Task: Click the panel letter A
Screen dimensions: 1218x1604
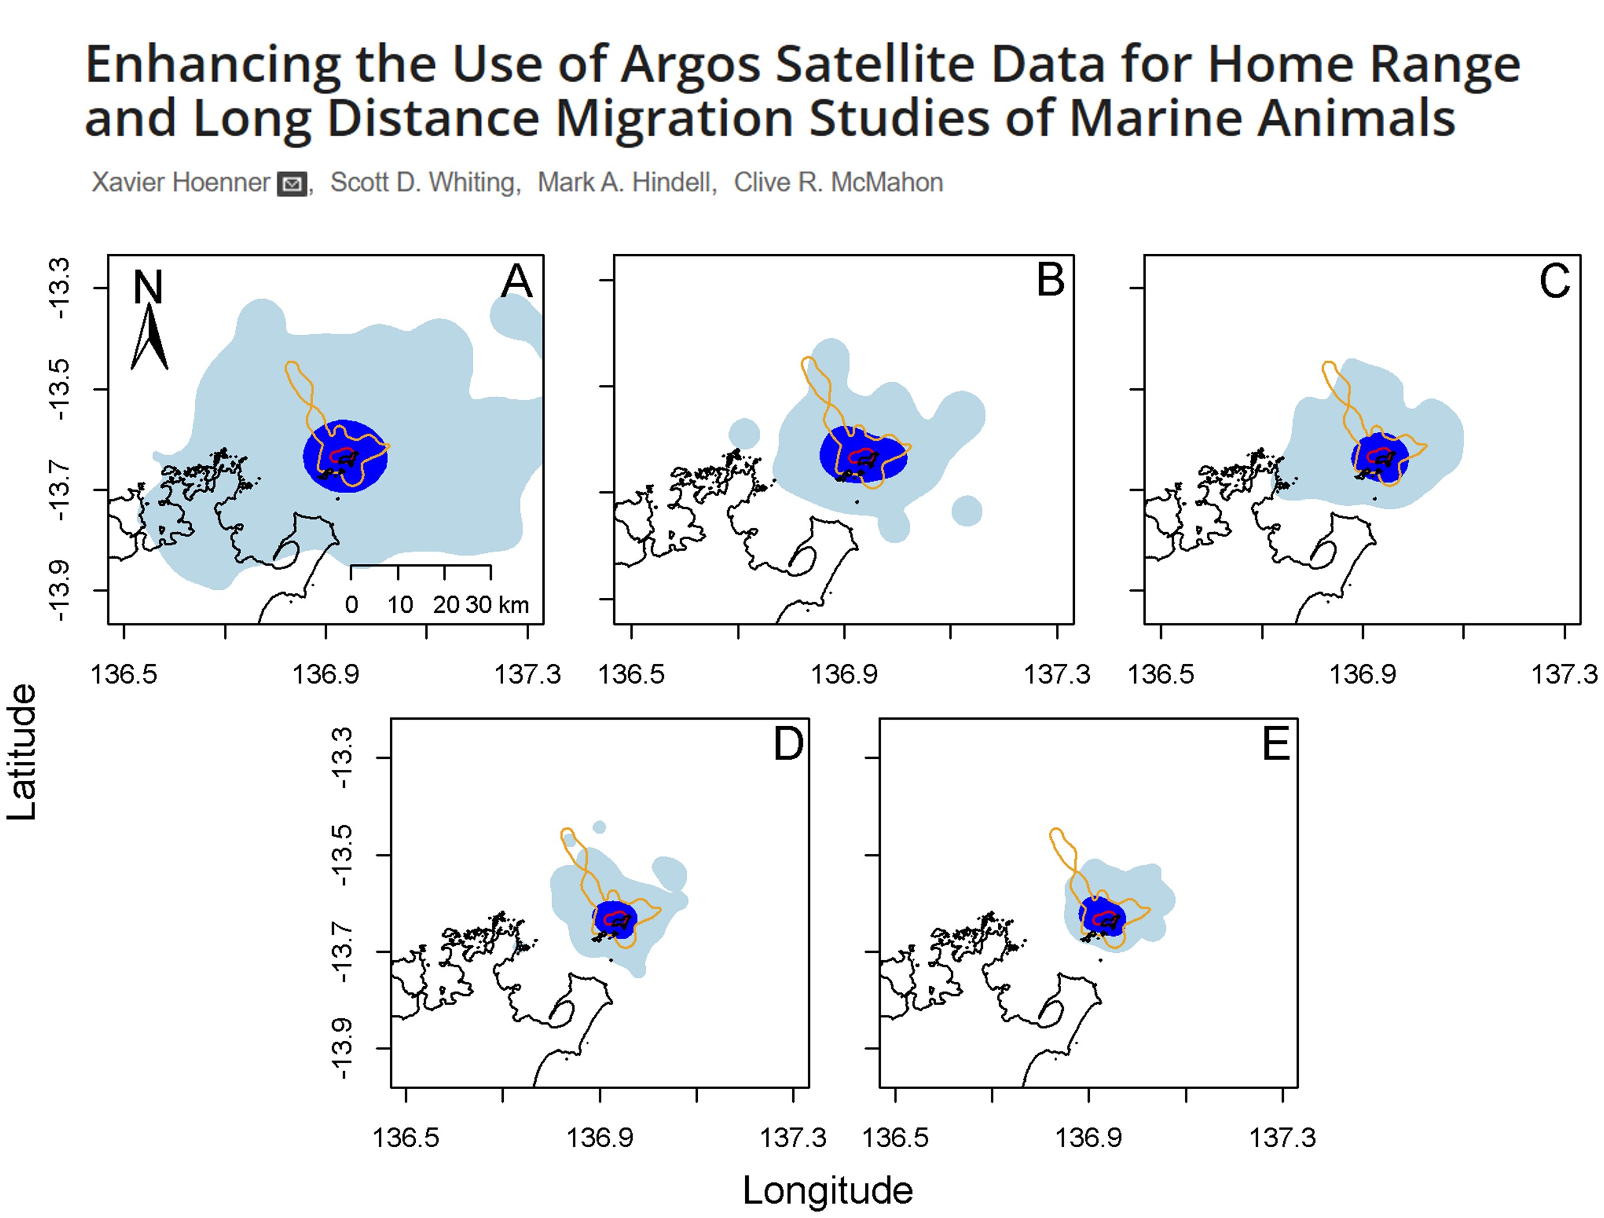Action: (x=516, y=281)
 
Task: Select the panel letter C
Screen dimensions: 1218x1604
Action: (x=1554, y=281)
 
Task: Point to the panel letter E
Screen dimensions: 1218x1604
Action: (x=1276, y=744)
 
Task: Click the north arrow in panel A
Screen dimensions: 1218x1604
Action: (x=150, y=337)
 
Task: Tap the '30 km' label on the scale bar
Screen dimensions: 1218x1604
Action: (x=497, y=604)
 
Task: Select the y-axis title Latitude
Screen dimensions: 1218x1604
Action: (x=22, y=752)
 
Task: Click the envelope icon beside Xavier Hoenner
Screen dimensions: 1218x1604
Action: (x=292, y=184)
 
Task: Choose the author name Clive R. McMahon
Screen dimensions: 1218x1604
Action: (x=838, y=182)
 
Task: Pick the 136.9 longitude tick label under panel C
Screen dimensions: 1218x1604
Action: (x=1362, y=674)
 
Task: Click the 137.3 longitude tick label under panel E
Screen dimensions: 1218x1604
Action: (x=1282, y=1137)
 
